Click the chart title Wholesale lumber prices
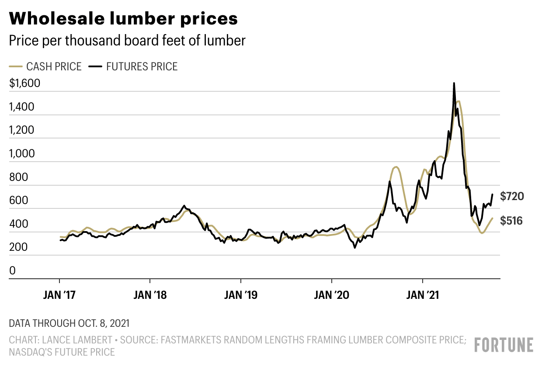pos(123,18)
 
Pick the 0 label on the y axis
pos(12,271)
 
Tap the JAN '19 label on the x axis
pos(240,296)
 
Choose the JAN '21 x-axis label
pos(422,296)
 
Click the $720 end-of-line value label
pos(512,197)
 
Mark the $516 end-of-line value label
pos(511,221)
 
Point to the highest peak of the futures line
pos(454,83)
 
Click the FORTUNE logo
pos(504,345)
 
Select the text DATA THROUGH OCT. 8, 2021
pos(69,324)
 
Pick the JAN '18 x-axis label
pos(150,296)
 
